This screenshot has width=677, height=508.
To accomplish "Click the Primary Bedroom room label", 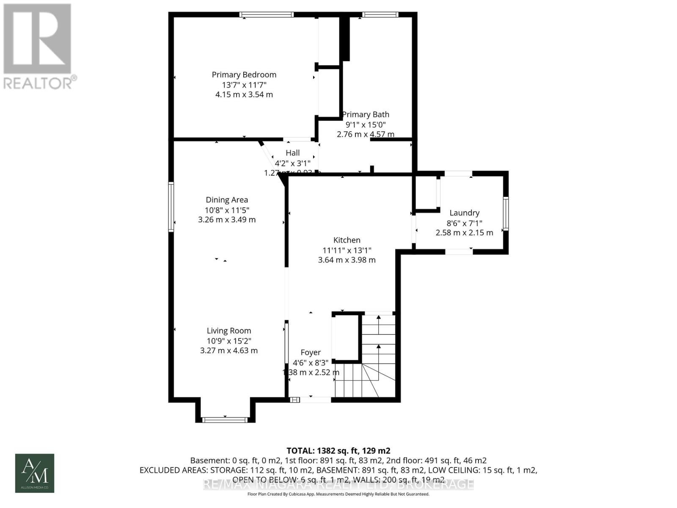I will [x=244, y=75].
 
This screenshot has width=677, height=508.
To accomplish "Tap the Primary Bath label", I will [x=366, y=115].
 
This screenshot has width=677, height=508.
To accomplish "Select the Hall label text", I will [x=292, y=153].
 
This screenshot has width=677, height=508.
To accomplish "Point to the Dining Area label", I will [x=227, y=200].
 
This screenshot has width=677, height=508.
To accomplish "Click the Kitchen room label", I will [x=347, y=240].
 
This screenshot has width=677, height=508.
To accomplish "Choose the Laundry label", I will [x=464, y=213].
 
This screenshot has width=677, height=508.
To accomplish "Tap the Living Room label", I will [x=228, y=331].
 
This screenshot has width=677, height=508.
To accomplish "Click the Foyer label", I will [x=311, y=352].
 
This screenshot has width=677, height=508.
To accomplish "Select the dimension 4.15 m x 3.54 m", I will [x=244, y=94].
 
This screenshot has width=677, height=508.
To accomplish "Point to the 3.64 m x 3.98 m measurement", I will [x=347, y=260].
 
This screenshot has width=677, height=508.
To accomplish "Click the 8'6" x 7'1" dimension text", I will [x=464, y=223].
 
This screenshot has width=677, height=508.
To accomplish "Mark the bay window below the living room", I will [x=225, y=420].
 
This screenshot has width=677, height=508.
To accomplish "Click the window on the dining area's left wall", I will [x=171, y=207].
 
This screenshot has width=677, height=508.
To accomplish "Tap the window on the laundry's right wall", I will [x=506, y=214].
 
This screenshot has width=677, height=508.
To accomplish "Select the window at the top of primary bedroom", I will [x=266, y=15].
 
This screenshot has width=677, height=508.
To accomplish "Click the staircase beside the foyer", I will [x=372, y=360].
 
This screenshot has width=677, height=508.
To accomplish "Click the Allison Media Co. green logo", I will [x=35, y=473].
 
